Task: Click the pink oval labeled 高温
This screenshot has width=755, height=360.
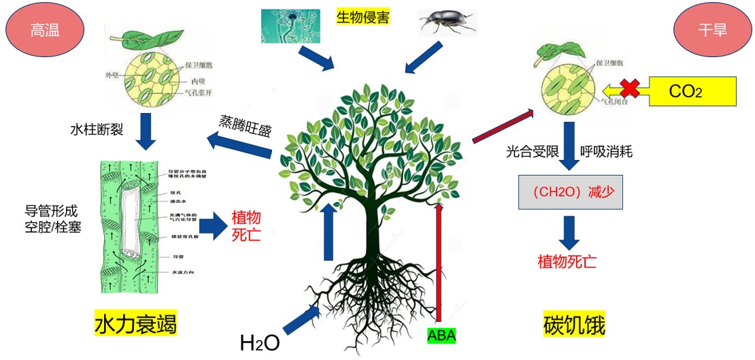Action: pos(45,31)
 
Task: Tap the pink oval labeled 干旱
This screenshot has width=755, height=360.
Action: pos(712,31)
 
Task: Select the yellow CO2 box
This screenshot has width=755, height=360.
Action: pos(692,91)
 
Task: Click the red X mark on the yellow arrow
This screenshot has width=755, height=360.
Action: pos(628,89)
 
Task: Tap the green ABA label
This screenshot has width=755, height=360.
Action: pos(441,335)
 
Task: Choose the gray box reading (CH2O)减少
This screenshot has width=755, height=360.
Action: pos(570,191)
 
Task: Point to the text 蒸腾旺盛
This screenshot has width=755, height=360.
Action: pos(245,122)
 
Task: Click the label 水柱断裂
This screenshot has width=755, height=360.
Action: pos(97,129)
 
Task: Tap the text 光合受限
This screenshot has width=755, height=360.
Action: pos(530,152)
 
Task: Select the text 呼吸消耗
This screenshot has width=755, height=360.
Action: pos(606,152)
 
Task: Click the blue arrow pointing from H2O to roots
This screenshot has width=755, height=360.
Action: pos(301,320)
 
